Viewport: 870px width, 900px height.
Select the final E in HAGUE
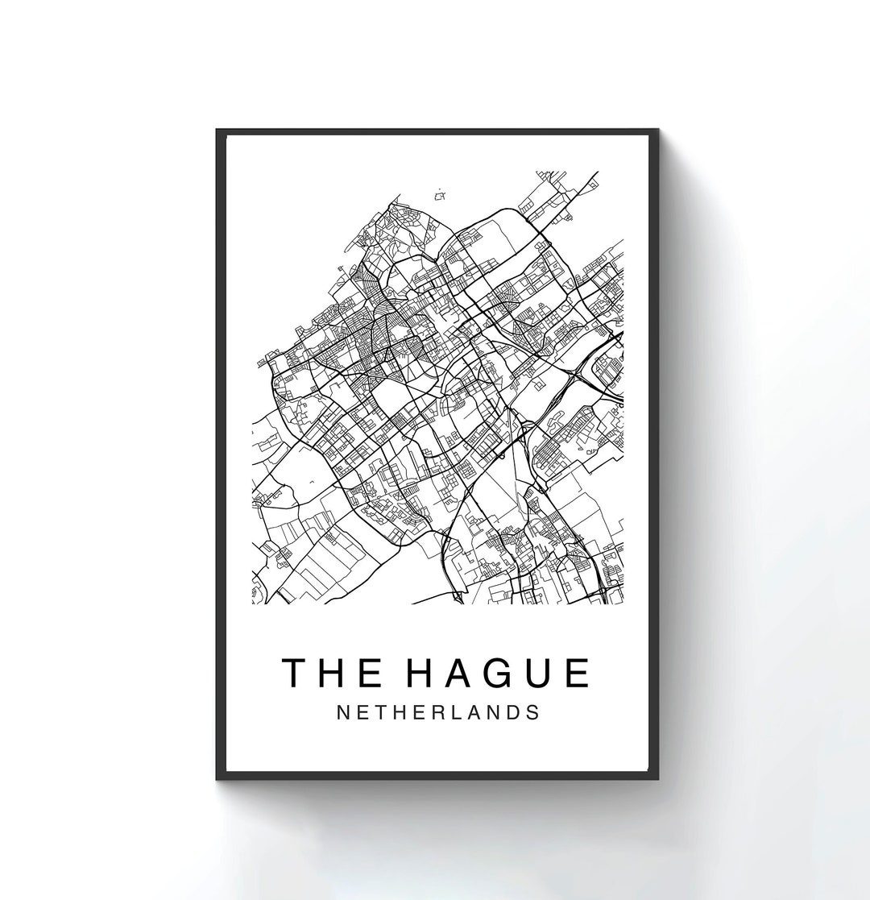coord(576,674)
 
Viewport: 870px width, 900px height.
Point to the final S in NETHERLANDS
coord(533,713)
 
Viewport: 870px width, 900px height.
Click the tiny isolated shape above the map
coord(440,194)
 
